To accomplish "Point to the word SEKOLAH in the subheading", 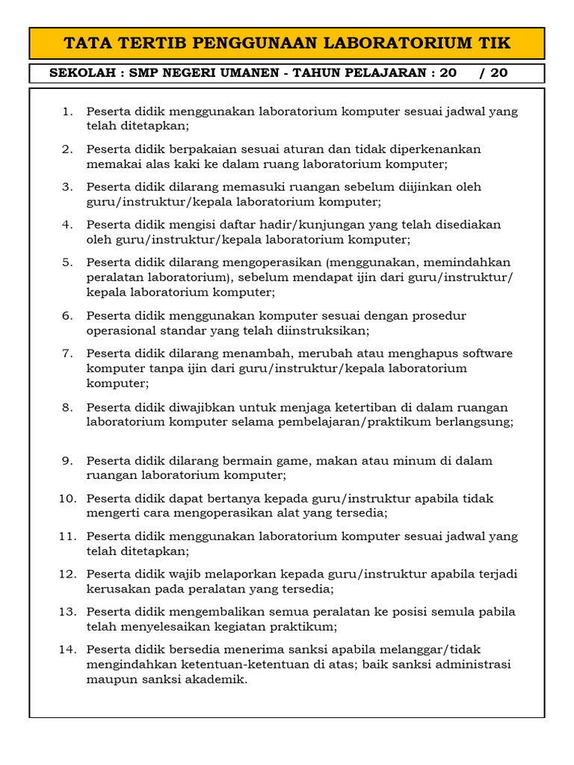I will (x=81, y=74).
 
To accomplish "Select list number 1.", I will (x=67, y=112).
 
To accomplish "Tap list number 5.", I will (x=67, y=262).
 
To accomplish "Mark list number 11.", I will (x=67, y=536).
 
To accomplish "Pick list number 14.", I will (x=67, y=650).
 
